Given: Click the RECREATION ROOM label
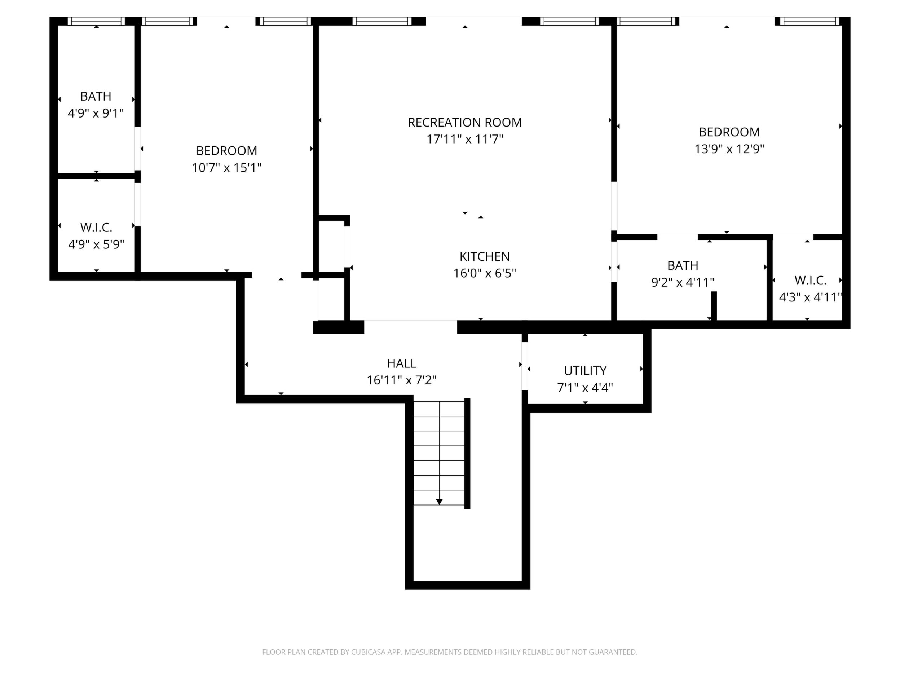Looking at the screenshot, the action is pos(465,123).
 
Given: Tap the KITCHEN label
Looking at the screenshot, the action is pos(485,256).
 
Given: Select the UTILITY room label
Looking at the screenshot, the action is pos(585,371).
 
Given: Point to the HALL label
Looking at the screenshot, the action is pos(402,363).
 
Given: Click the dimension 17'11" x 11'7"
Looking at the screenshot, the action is pos(465,139).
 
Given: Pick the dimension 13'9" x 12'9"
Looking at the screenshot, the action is pos(729,149).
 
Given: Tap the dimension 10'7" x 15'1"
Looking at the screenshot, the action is pos(227,168).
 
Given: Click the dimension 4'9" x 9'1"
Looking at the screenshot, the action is pos(96,113).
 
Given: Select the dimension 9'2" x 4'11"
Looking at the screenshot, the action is pos(683,282).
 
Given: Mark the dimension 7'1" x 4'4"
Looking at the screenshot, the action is pos(585,388).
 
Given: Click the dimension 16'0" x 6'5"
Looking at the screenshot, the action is pos(485,273).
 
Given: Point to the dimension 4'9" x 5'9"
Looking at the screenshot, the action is pos(96,244).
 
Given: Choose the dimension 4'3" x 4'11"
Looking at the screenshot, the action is pos(810,297).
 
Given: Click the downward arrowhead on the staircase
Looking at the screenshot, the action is pos(439,502).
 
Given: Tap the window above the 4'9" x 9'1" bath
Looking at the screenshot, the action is pos(96,21).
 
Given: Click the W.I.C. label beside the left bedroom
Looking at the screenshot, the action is pos(96,227).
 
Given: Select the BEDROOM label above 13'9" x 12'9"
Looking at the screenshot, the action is pos(729,132).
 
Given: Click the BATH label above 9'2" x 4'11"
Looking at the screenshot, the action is pos(683,265).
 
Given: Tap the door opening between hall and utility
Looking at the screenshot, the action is pos(524,366).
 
